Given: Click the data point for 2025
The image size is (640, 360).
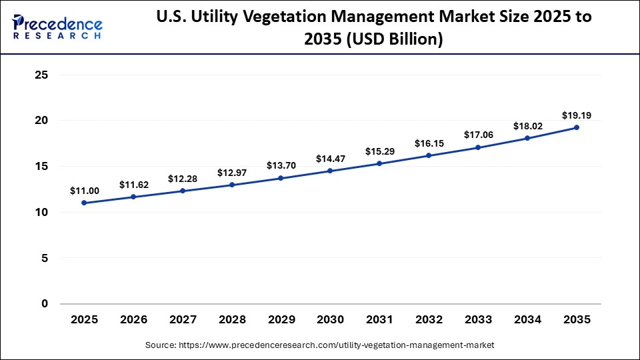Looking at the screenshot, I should click(x=84, y=203).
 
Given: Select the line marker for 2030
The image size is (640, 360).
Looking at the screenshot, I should click(x=330, y=171).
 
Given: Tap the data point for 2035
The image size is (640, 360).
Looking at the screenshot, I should click(x=577, y=127).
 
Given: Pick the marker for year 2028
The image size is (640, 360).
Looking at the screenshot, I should click(x=232, y=185).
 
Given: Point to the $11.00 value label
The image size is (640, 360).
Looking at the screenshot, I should click(x=84, y=191).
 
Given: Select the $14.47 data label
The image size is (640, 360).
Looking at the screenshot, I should click(x=330, y=159).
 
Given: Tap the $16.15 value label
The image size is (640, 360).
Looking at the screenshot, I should click(x=429, y=143).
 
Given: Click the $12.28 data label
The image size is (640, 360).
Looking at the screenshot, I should click(x=182, y=179).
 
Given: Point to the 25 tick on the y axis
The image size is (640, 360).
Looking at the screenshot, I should click(x=41, y=75).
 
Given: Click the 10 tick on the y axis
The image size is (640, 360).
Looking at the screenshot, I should click(x=41, y=212).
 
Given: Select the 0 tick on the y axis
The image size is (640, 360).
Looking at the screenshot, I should click(x=45, y=304).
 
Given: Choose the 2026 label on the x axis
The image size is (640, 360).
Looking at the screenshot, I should click(x=133, y=320).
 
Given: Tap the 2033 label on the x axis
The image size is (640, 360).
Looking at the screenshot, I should click(x=478, y=320).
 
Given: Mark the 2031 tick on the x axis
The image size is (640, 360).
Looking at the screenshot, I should click(x=379, y=320).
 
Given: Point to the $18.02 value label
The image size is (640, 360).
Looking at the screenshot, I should click(x=527, y=126).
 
